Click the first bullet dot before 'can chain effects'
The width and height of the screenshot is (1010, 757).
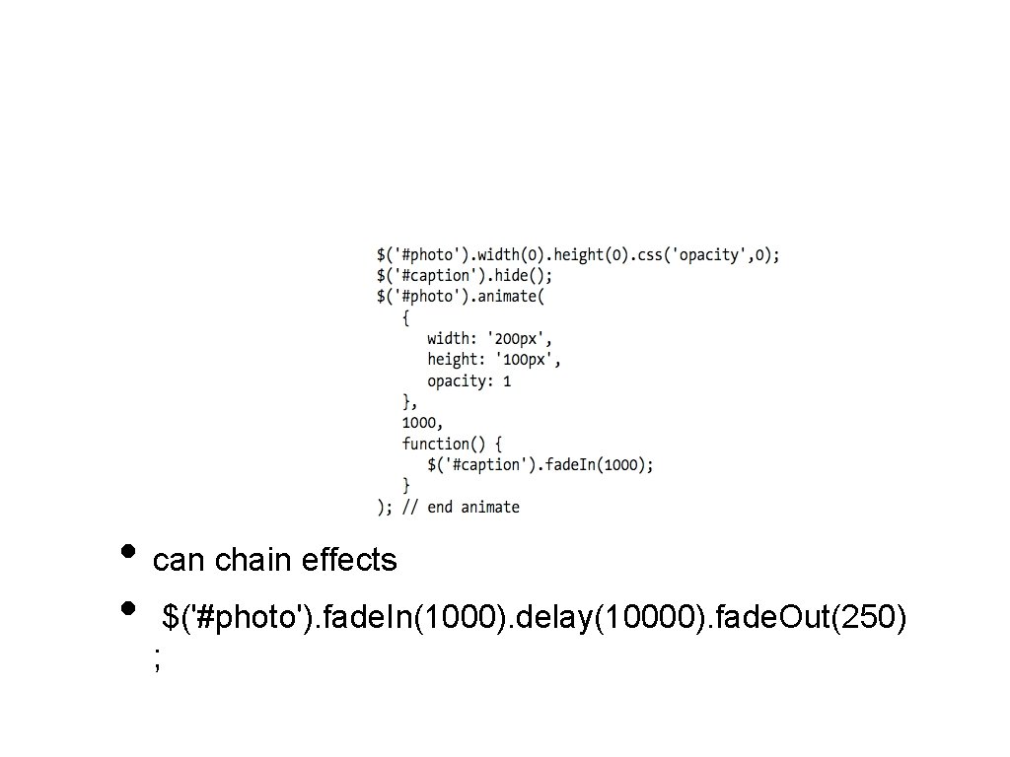point(126,551)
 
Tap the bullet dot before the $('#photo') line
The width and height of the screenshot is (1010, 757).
point(126,608)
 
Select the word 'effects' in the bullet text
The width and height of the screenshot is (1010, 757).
point(349,561)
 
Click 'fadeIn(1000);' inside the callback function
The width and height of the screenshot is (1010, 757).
point(598,464)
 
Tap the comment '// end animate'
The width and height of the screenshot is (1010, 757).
point(461,507)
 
